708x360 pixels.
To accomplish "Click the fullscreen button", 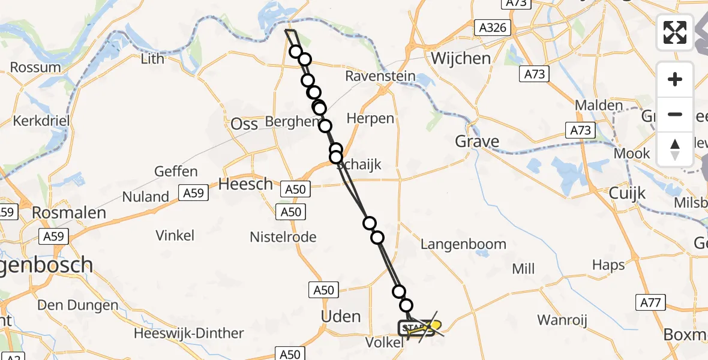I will pyautogui.click(x=675, y=32).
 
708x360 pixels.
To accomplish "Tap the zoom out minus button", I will pyautogui.click(x=675, y=114).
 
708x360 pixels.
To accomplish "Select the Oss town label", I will pyautogui.click(x=245, y=124).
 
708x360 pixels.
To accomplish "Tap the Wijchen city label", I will pyautogui.click(x=461, y=58).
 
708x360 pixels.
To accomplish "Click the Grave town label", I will pyautogui.click(x=477, y=142).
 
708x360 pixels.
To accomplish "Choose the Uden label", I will pyautogui.click(x=341, y=316).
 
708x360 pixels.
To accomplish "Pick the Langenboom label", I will pyautogui.click(x=463, y=244).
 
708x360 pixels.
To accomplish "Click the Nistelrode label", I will pyautogui.click(x=283, y=237).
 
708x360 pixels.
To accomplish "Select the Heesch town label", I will pyautogui.click(x=245, y=184).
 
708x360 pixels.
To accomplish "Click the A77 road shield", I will pyautogui.click(x=650, y=302).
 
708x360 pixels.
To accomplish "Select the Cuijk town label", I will pyautogui.click(x=627, y=193).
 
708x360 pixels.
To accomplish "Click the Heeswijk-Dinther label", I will pyautogui.click(x=190, y=333).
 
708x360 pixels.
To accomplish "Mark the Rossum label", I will pyautogui.click(x=35, y=67).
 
